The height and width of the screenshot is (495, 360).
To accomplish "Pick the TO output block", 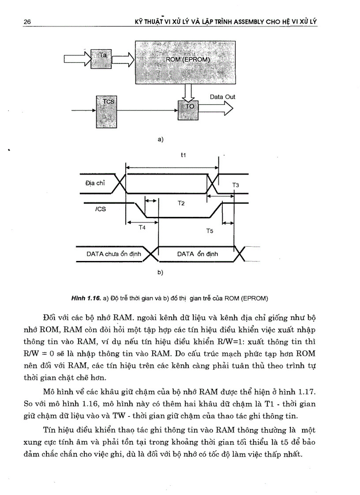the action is [x=189, y=108].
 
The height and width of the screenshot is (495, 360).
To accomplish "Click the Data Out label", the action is [x=222, y=97].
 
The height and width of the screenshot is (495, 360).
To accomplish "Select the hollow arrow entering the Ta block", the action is [x=78, y=59].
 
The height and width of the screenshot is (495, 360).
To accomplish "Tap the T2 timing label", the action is [x=181, y=203].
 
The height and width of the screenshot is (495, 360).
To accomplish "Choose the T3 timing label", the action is [x=236, y=185].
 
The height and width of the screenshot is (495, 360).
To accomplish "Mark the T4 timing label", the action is [x=142, y=227].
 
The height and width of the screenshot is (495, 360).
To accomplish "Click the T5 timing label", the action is [x=210, y=231].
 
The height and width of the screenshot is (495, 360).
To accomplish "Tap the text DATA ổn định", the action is [x=197, y=254].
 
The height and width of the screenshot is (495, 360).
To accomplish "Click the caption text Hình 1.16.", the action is [x=86, y=298].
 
